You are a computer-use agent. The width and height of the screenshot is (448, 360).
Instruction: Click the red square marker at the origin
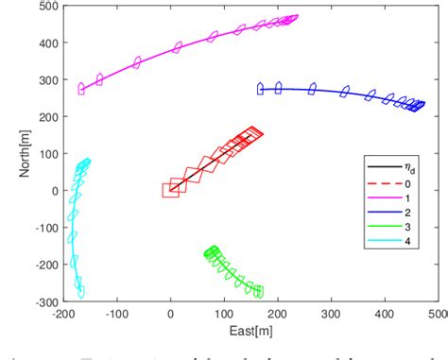point(171,190)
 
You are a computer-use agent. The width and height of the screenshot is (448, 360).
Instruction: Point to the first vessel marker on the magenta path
point(81,89)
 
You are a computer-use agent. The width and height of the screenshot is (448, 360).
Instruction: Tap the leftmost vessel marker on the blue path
point(260,89)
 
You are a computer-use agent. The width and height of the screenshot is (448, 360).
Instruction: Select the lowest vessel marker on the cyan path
point(80,292)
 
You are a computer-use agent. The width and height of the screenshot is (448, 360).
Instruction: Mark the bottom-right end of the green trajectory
point(259,292)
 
